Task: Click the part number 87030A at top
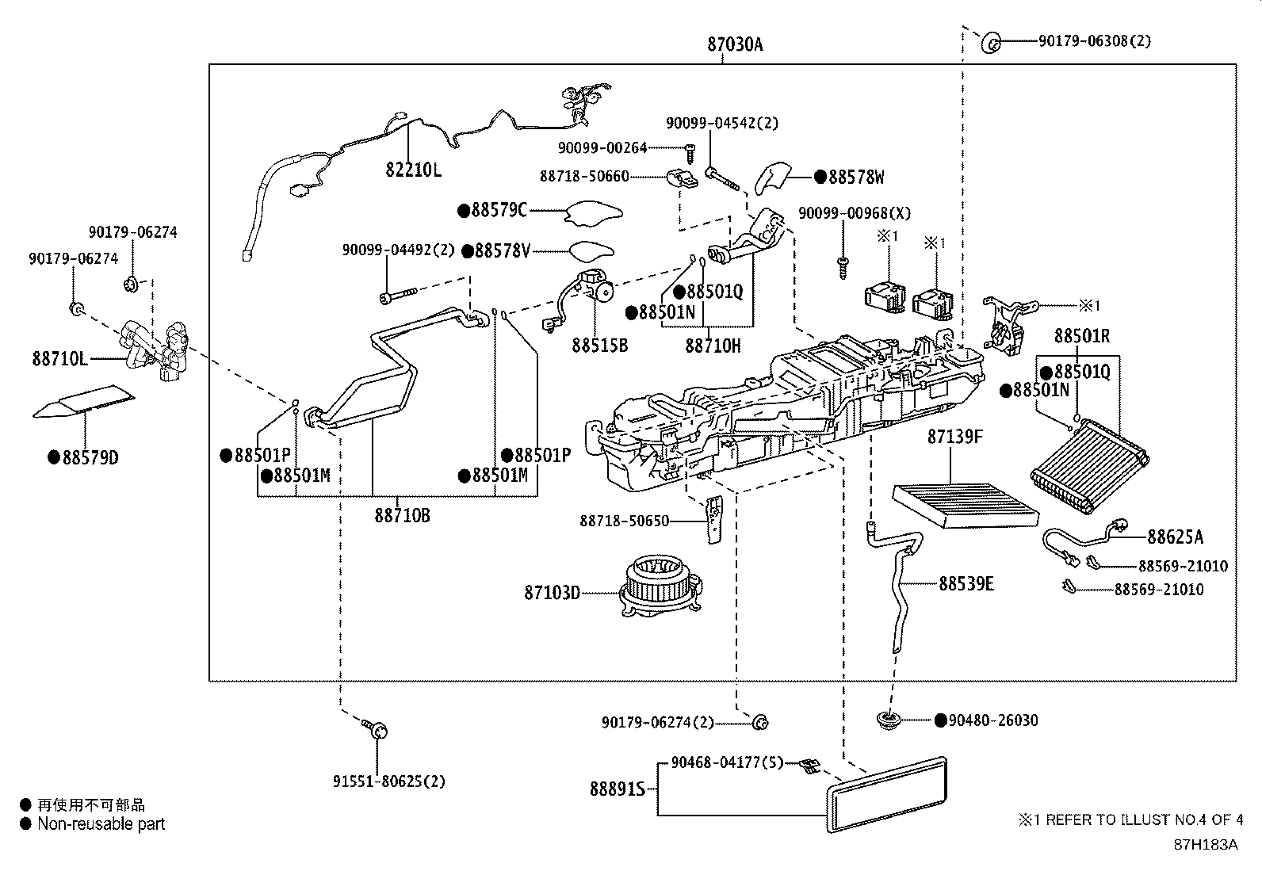coord(735,45)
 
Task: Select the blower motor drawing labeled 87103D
coord(658,585)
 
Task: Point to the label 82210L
coord(413,170)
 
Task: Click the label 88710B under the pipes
coord(402,515)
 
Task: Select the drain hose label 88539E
coord(966,584)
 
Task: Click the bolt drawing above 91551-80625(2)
coord(376,728)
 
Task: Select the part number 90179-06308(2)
coord(1094,40)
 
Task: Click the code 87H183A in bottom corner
coord(1205,844)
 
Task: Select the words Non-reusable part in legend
coord(101,824)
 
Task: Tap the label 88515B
coord(599,346)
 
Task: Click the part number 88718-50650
coord(625,521)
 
